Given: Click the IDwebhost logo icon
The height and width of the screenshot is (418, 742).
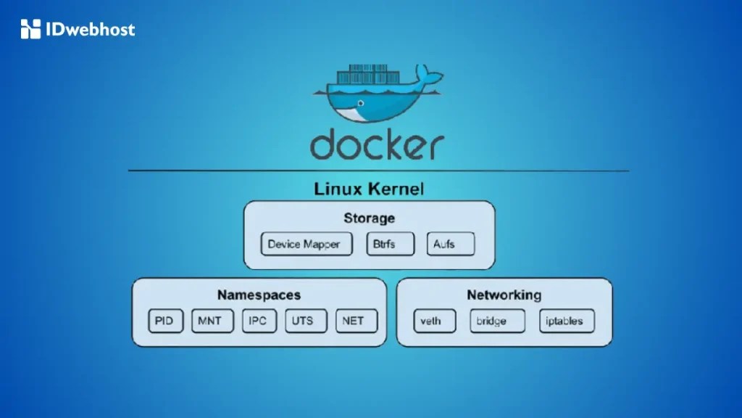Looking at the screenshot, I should click(30, 29).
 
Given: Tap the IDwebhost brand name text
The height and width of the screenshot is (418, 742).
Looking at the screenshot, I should click(90, 30).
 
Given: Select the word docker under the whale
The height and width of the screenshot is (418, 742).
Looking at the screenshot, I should click(376, 144).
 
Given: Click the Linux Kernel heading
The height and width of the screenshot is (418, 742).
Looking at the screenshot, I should click(369, 189).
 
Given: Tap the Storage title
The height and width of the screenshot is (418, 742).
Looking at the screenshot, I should click(369, 218).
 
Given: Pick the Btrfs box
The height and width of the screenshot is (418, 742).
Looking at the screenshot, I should click(391, 244).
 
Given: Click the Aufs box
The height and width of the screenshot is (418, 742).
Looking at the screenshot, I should click(450, 244).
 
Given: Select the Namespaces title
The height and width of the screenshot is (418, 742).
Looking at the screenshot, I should click(259, 295).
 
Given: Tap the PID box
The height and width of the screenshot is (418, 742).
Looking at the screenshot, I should click(164, 321).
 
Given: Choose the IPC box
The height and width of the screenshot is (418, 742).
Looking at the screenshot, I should click(259, 321).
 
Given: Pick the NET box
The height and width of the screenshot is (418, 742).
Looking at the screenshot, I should click(357, 321).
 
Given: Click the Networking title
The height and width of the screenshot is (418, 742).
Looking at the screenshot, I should click(504, 295).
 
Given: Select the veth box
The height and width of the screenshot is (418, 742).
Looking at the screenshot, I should click(435, 321).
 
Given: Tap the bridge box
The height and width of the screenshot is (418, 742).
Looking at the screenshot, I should click(498, 321).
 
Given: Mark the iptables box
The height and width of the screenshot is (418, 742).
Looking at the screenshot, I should click(566, 321).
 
